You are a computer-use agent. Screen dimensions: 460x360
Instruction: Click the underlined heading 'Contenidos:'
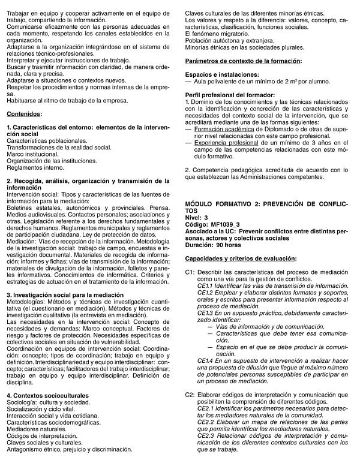click(x=25, y=113)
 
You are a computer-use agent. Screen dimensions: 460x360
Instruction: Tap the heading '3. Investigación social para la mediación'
click(x=65, y=294)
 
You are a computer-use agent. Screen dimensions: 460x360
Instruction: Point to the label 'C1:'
click(x=190, y=272)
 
